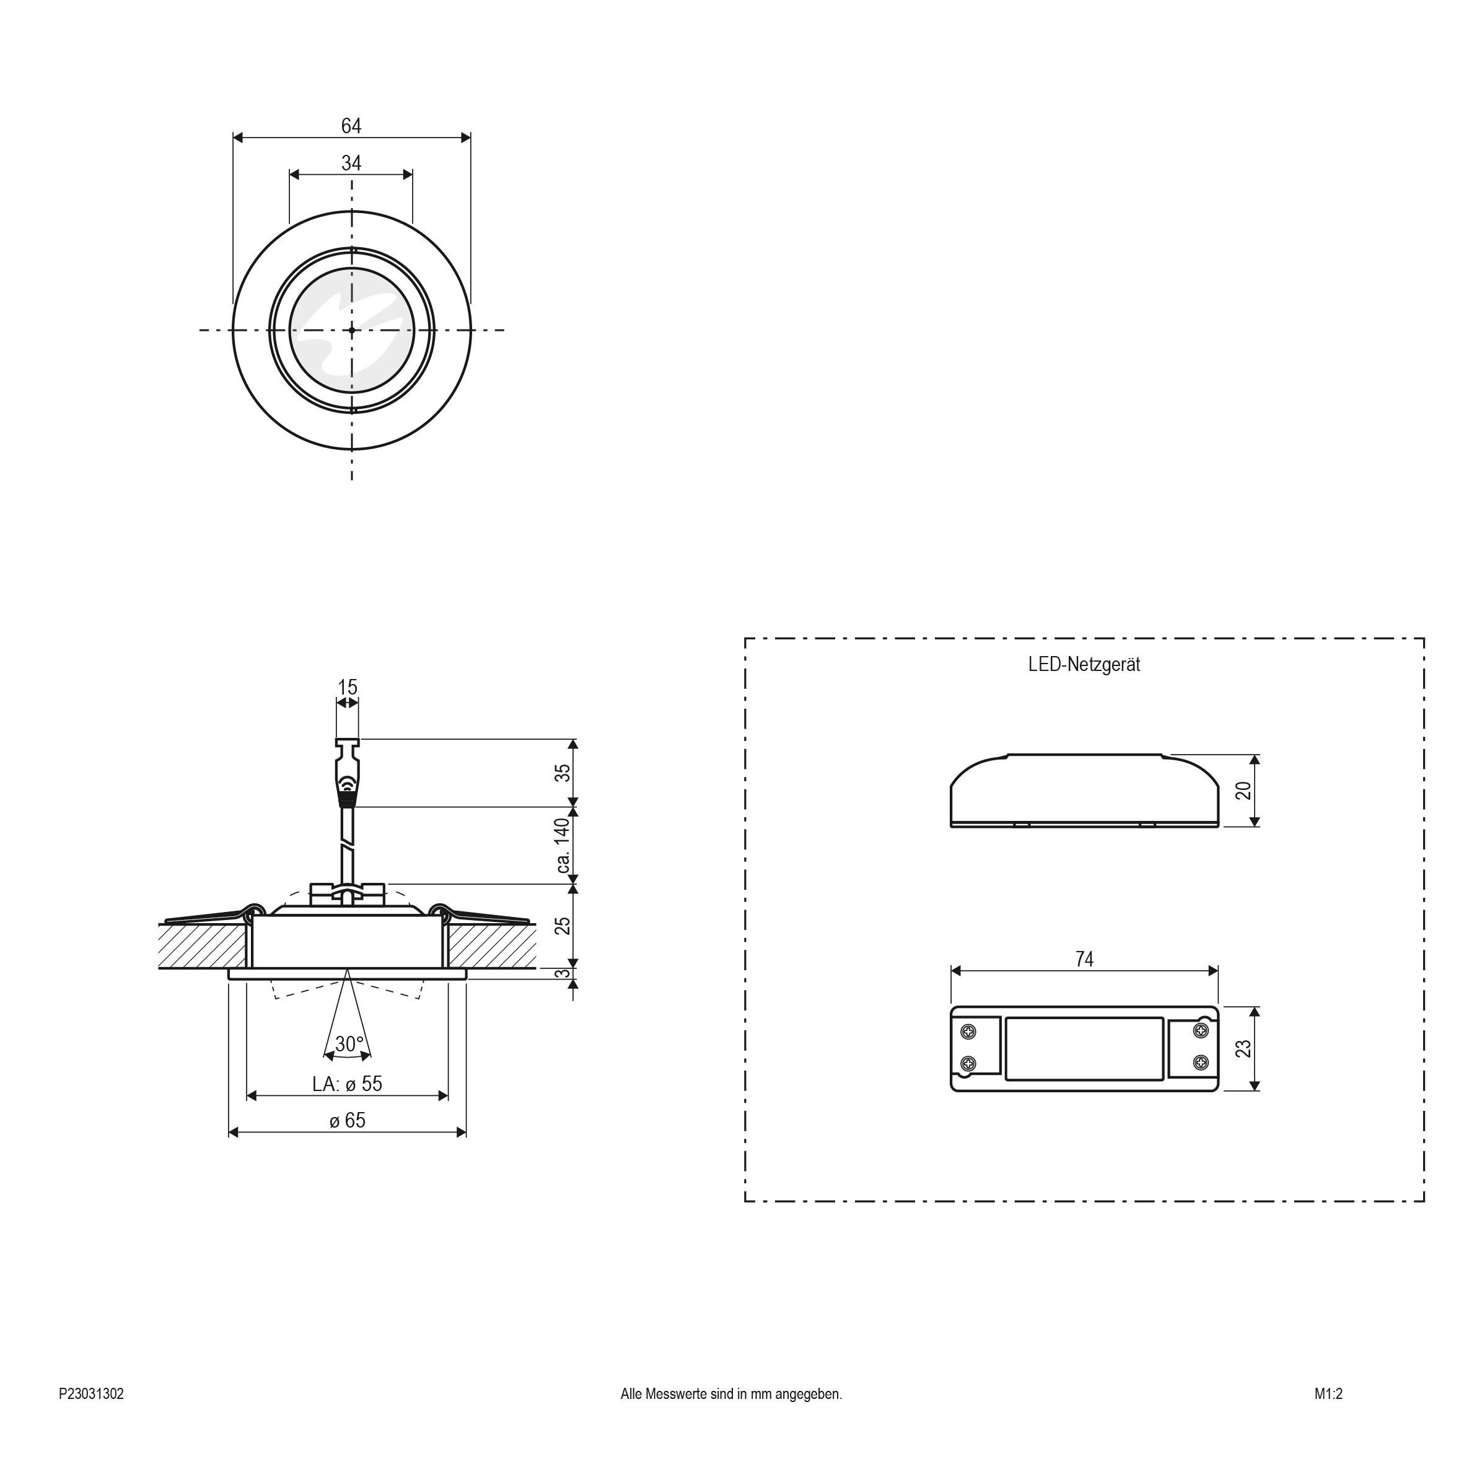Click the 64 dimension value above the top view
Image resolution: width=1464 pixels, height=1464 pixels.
pos(351,126)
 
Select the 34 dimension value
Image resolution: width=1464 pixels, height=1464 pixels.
pos(351,163)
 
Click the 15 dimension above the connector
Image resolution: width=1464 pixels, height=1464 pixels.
pos(347,687)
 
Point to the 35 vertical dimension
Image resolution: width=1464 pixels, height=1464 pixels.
pos(561,774)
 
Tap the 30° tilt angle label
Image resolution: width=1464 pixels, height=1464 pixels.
pos(349,1044)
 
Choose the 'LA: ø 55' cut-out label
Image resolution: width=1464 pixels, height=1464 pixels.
pos(347,1084)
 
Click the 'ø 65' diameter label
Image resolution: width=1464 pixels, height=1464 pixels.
pos(348,1120)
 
